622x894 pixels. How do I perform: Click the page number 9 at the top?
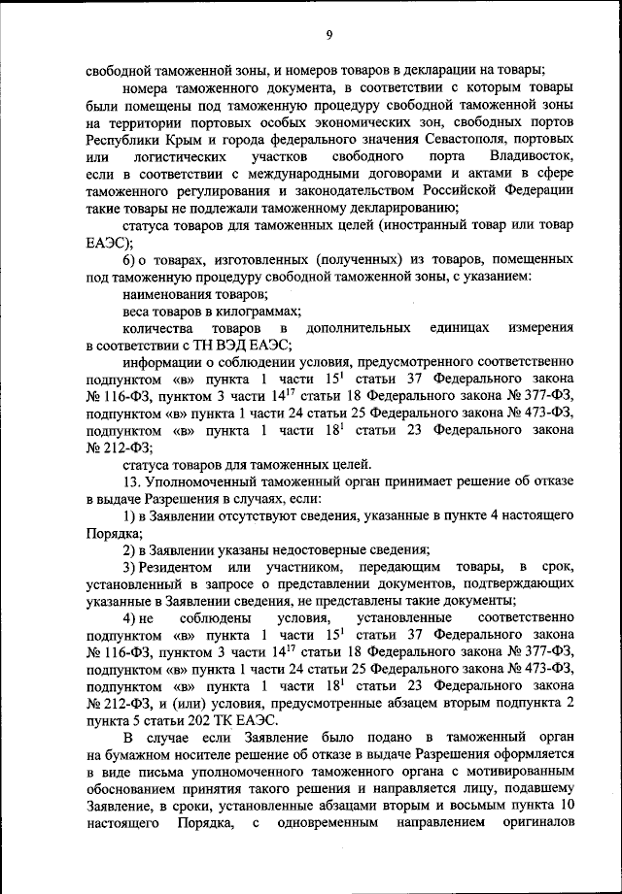329,36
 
